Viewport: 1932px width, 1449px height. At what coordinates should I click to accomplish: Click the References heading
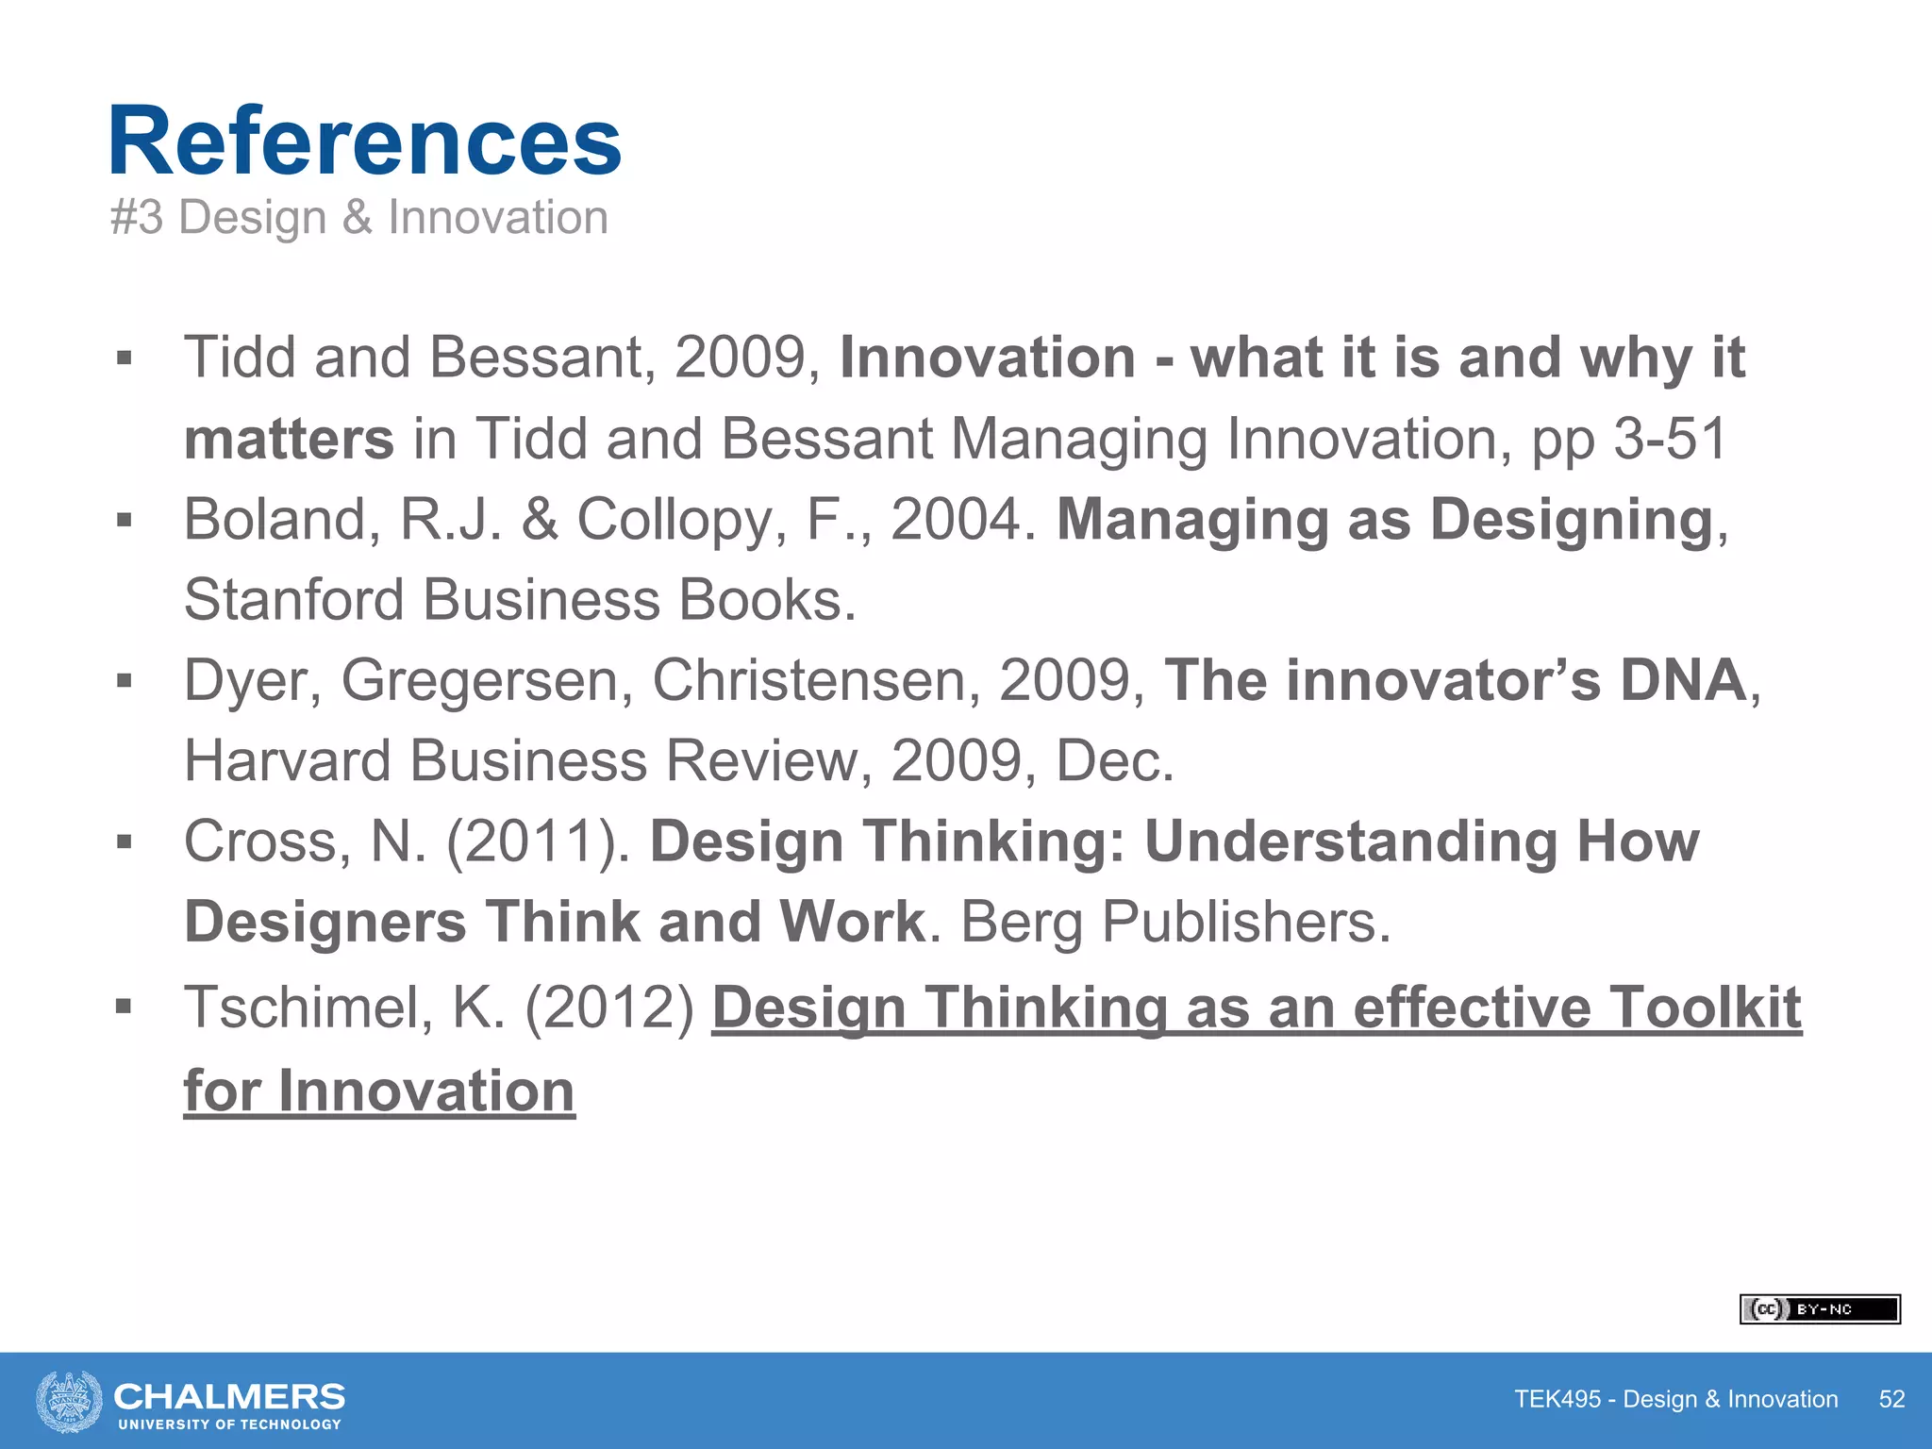[364, 142]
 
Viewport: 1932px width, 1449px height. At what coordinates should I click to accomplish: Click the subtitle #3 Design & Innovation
[358, 218]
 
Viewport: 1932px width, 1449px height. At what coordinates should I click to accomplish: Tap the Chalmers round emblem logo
[69, 1401]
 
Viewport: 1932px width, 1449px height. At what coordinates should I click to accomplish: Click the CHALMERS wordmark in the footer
[229, 1396]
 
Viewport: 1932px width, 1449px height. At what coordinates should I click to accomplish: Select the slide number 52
[1891, 1399]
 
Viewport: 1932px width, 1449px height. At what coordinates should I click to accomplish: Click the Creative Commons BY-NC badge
[1819, 1309]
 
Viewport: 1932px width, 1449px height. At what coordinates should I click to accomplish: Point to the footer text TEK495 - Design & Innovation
[1675, 1399]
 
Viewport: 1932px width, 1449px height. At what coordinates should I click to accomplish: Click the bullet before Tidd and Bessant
[124, 358]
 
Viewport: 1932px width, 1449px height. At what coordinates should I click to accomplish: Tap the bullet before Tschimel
[124, 1007]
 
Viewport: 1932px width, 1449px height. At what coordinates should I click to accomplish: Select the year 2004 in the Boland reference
[956, 520]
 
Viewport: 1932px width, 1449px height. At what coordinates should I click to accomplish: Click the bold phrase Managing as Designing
[1384, 520]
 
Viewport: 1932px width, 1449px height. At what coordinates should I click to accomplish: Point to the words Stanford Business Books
[519, 600]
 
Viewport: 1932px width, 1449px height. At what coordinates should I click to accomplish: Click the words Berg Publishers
[1175, 922]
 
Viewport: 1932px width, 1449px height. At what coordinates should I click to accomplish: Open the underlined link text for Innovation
[379, 1091]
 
